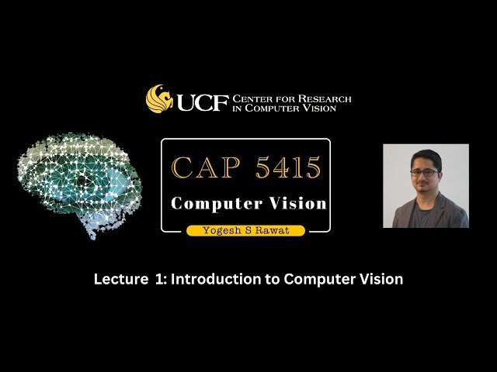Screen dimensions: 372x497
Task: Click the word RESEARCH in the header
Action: point(326,98)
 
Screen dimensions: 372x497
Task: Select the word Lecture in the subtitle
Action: point(117,280)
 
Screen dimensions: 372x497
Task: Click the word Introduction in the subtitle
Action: point(211,280)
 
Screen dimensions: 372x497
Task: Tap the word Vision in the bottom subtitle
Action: point(381,280)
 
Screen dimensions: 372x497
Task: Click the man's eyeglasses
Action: point(424,172)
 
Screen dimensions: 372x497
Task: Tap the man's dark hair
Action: point(425,157)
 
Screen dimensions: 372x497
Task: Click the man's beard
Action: point(425,185)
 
